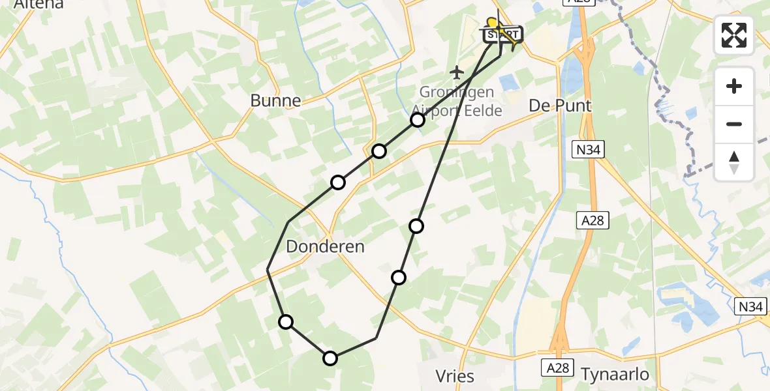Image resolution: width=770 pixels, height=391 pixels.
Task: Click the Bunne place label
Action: point(276,100)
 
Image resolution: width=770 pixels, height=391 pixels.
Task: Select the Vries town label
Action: point(455,376)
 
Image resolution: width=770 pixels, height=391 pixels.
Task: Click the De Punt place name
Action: point(560,106)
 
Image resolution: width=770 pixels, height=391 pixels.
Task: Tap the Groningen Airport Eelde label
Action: point(457,101)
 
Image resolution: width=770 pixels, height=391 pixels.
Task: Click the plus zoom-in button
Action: point(734,87)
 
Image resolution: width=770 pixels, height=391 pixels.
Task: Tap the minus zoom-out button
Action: point(734,124)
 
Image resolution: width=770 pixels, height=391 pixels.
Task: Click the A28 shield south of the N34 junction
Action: point(593,221)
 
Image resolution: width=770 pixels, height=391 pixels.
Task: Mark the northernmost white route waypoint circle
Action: point(418,120)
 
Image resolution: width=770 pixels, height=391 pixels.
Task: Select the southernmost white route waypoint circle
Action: point(330,358)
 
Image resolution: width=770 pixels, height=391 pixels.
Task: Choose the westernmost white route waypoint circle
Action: point(286,321)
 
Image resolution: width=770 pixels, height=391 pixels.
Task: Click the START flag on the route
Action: point(503,34)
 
